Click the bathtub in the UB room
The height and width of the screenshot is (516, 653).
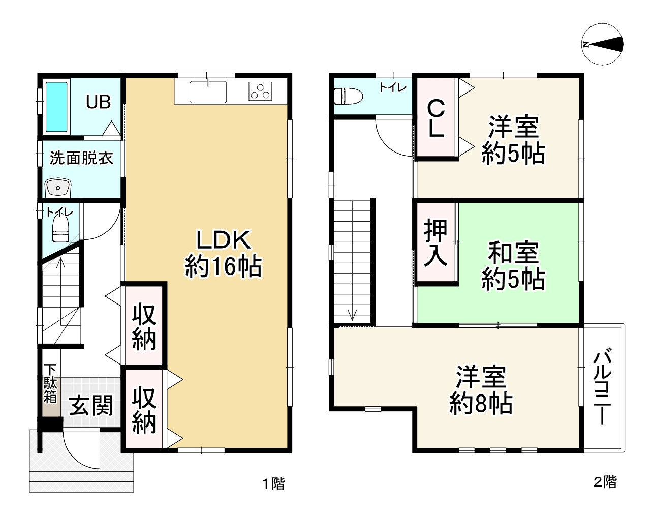(x=56, y=107)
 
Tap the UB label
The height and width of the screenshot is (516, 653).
(x=98, y=102)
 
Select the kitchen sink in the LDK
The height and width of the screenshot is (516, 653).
(x=208, y=92)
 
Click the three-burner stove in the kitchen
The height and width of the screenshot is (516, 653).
(x=260, y=92)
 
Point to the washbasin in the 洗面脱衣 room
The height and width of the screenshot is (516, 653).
(x=58, y=188)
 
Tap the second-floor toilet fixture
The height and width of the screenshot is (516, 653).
(x=348, y=95)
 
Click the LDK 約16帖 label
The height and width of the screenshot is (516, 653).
(x=223, y=253)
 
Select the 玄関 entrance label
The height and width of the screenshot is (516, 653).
(x=91, y=406)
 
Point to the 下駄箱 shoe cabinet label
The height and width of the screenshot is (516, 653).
(x=50, y=383)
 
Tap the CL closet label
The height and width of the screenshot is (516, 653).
(x=436, y=118)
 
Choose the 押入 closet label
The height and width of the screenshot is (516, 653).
(x=436, y=242)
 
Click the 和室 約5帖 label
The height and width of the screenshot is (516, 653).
(x=513, y=266)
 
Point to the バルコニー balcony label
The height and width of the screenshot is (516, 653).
(x=602, y=386)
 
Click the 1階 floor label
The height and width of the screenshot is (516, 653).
(x=273, y=483)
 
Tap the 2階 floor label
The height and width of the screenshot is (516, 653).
(x=605, y=481)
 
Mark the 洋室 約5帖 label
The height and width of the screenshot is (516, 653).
(x=513, y=140)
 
